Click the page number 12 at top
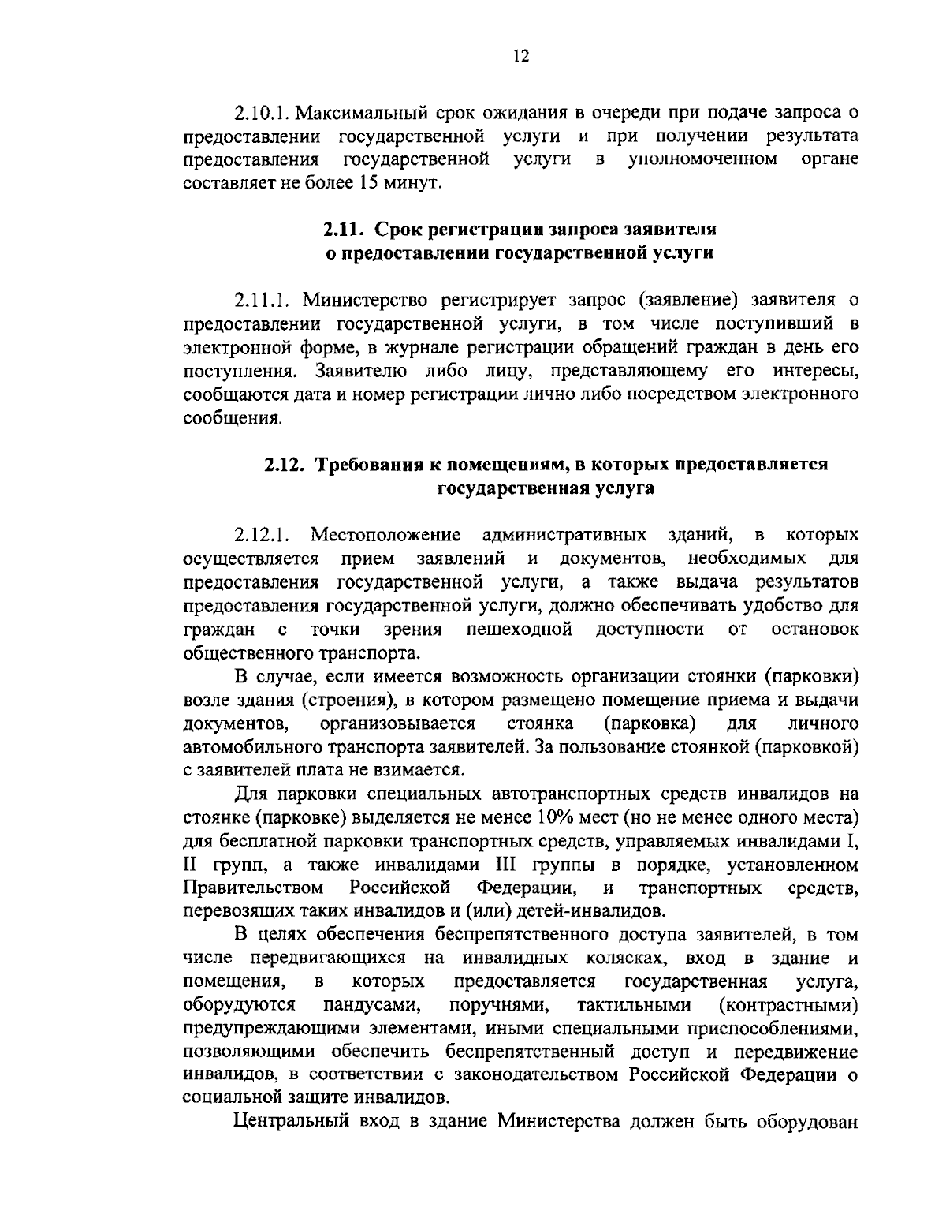coord(520,56)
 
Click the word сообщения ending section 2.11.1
coord(232,417)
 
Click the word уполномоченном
coord(702,160)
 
